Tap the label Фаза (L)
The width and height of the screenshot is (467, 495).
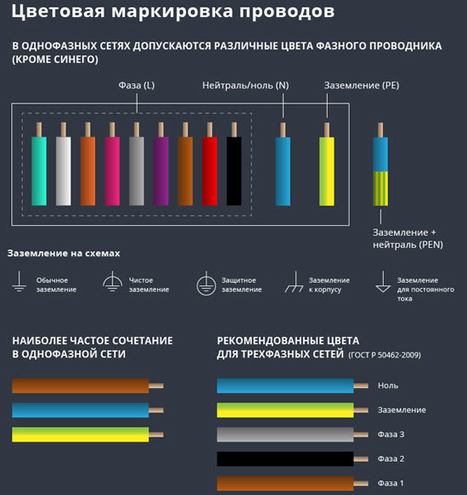coord(136,86)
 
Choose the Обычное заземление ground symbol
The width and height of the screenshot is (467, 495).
coord(19,284)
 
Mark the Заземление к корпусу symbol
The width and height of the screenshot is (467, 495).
coord(294,283)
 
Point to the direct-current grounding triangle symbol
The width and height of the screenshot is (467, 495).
coord(382,282)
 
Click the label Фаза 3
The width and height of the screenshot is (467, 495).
coord(390,434)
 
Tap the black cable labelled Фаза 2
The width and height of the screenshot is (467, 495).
coord(284,459)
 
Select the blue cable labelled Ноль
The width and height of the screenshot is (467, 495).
coord(284,385)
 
